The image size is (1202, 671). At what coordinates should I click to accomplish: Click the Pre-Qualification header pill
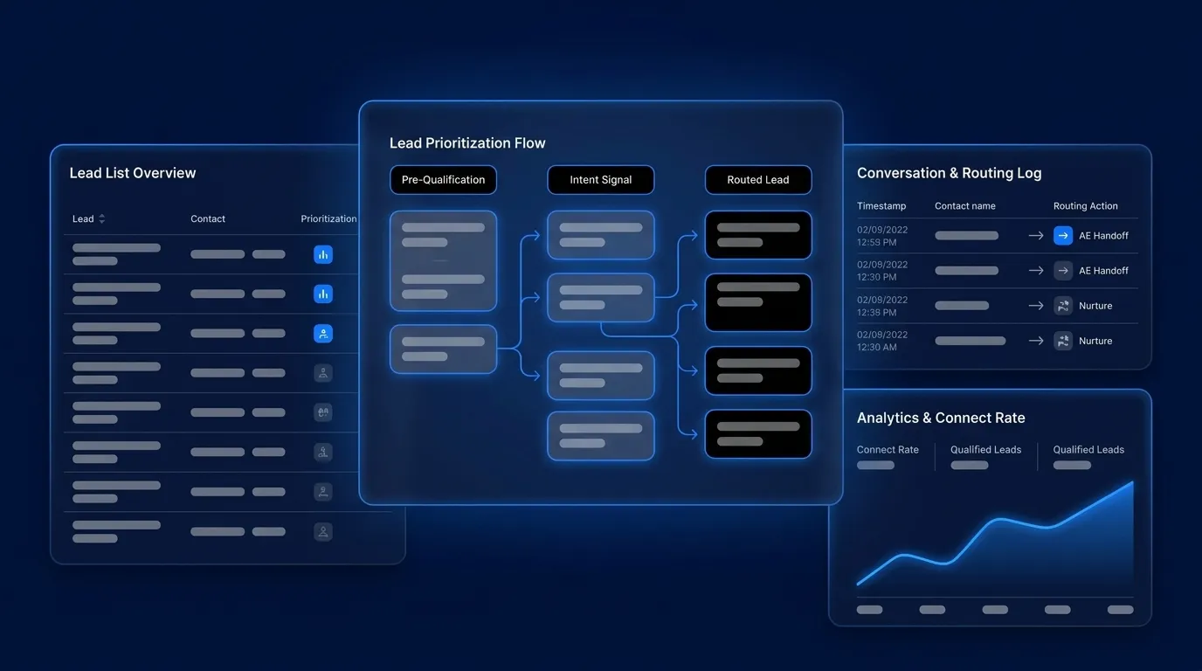[x=443, y=180]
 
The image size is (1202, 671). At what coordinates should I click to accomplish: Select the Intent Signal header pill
[x=600, y=180]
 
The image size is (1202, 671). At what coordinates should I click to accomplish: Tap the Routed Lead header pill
[x=758, y=180]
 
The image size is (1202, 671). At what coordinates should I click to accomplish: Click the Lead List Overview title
[x=133, y=173]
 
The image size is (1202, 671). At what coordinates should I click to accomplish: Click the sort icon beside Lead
[x=102, y=219]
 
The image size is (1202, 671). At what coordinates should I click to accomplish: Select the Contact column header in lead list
[x=208, y=219]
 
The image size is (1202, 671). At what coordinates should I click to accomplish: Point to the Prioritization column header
[x=328, y=219]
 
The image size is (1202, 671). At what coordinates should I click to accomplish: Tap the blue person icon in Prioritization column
[x=323, y=334]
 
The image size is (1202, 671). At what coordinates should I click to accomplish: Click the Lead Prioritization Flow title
[x=467, y=142]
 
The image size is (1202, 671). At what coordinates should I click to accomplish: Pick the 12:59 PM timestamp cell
[x=882, y=236]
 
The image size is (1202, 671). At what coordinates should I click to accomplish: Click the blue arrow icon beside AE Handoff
[x=1063, y=236]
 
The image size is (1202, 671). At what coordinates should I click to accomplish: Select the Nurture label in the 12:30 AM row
[x=1095, y=341]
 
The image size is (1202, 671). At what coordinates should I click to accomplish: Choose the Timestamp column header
[x=881, y=206]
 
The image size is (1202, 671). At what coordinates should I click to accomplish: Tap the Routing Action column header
[x=1086, y=206]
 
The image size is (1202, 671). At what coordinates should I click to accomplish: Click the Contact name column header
[x=964, y=206]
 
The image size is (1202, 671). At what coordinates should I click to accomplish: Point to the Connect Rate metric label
[x=888, y=450]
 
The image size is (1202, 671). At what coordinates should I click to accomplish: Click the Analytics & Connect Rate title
[x=941, y=418]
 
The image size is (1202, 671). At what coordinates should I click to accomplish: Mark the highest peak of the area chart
[x=1133, y=482]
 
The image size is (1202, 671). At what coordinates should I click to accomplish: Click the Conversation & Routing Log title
[x=950, y=173]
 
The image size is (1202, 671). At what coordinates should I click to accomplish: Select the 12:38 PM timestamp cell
[x=882, y=306]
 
